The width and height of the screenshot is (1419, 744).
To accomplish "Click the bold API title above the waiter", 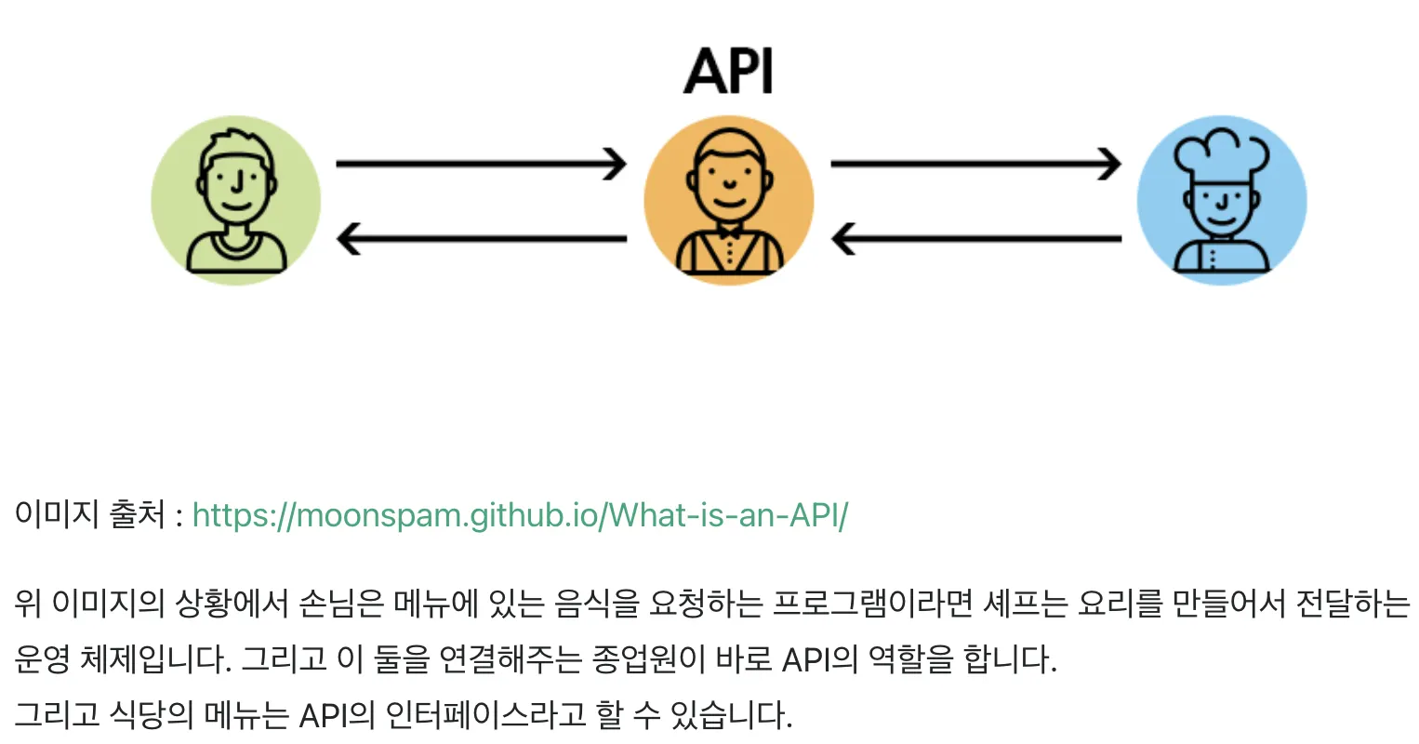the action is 728,71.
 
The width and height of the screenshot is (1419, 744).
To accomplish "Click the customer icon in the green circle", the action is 235,200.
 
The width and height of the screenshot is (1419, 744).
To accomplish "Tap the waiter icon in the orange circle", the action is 728,200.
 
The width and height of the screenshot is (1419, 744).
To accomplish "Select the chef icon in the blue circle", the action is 1221,200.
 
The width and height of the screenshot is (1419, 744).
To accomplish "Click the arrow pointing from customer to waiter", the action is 482,164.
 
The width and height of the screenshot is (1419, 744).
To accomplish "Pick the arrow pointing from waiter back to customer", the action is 482,239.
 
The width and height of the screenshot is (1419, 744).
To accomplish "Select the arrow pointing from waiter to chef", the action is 975,164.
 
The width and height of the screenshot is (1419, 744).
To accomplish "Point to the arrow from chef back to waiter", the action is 975,239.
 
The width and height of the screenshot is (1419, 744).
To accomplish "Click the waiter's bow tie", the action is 729,233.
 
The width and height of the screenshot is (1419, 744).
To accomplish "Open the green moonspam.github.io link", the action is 520,515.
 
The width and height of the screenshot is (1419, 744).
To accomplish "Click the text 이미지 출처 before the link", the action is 89,514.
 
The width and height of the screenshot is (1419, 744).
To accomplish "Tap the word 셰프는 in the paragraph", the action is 1025,604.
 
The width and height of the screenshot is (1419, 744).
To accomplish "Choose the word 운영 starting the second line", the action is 42,659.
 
